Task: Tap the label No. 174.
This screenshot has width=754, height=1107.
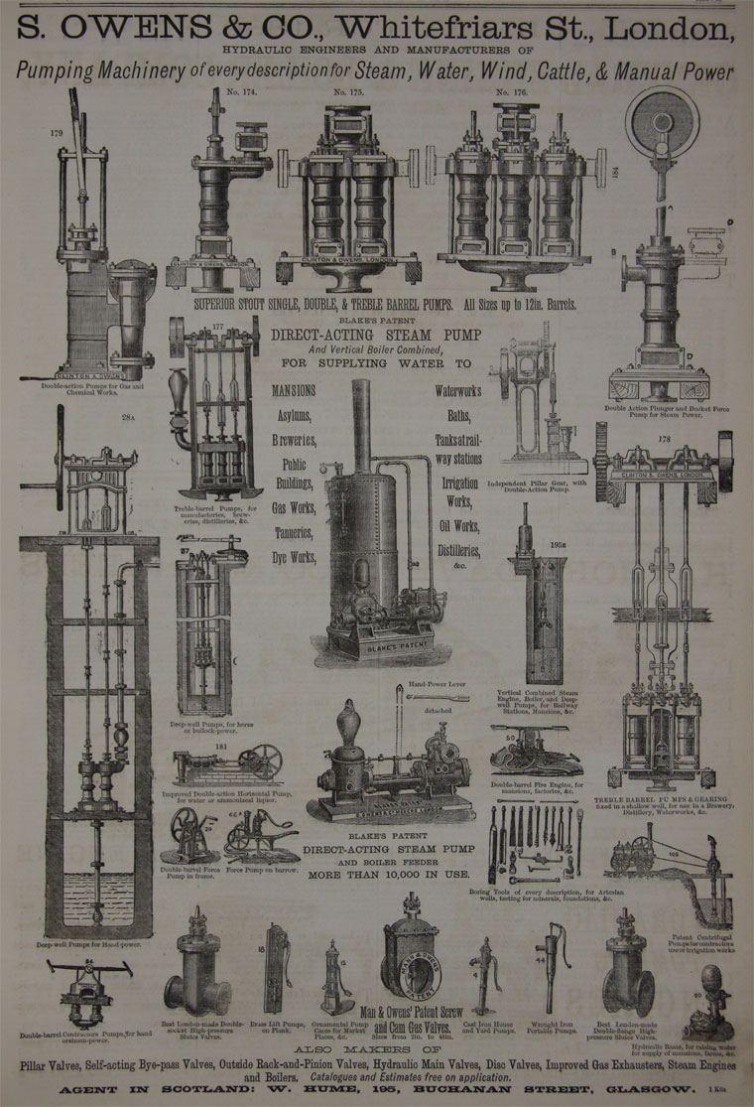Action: point(229,92)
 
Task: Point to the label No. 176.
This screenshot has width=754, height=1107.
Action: point(509,92)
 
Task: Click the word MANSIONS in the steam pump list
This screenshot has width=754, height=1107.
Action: point(294,390)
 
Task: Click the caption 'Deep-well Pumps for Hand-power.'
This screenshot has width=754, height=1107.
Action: point(88,945)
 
